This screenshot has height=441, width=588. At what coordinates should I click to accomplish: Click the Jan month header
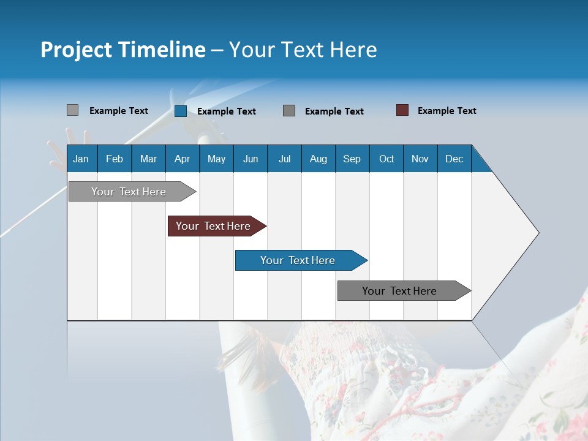click(81, 159)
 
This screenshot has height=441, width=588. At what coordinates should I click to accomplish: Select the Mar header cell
click(148, 159)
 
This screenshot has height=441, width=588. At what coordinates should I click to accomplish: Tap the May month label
click(216, 159)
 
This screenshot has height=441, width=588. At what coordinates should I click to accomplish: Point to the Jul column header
click(284, 159)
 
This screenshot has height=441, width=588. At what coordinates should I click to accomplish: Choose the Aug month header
click(318, 159)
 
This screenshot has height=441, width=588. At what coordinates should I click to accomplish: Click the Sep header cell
click(352, 159)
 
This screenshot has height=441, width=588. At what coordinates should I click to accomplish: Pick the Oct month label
click(386, 159)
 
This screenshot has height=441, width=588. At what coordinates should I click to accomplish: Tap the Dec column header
click(454, 159)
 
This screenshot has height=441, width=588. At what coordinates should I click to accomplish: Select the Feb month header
click(115, 159)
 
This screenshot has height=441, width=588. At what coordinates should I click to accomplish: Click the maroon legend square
click(402, 110)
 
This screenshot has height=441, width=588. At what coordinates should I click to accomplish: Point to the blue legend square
click(181, 111)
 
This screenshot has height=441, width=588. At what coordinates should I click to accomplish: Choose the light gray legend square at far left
click(73, 110)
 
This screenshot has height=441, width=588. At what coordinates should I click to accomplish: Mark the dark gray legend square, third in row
click(289, 110)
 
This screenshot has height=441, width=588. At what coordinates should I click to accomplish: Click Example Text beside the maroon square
click(447, 111)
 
